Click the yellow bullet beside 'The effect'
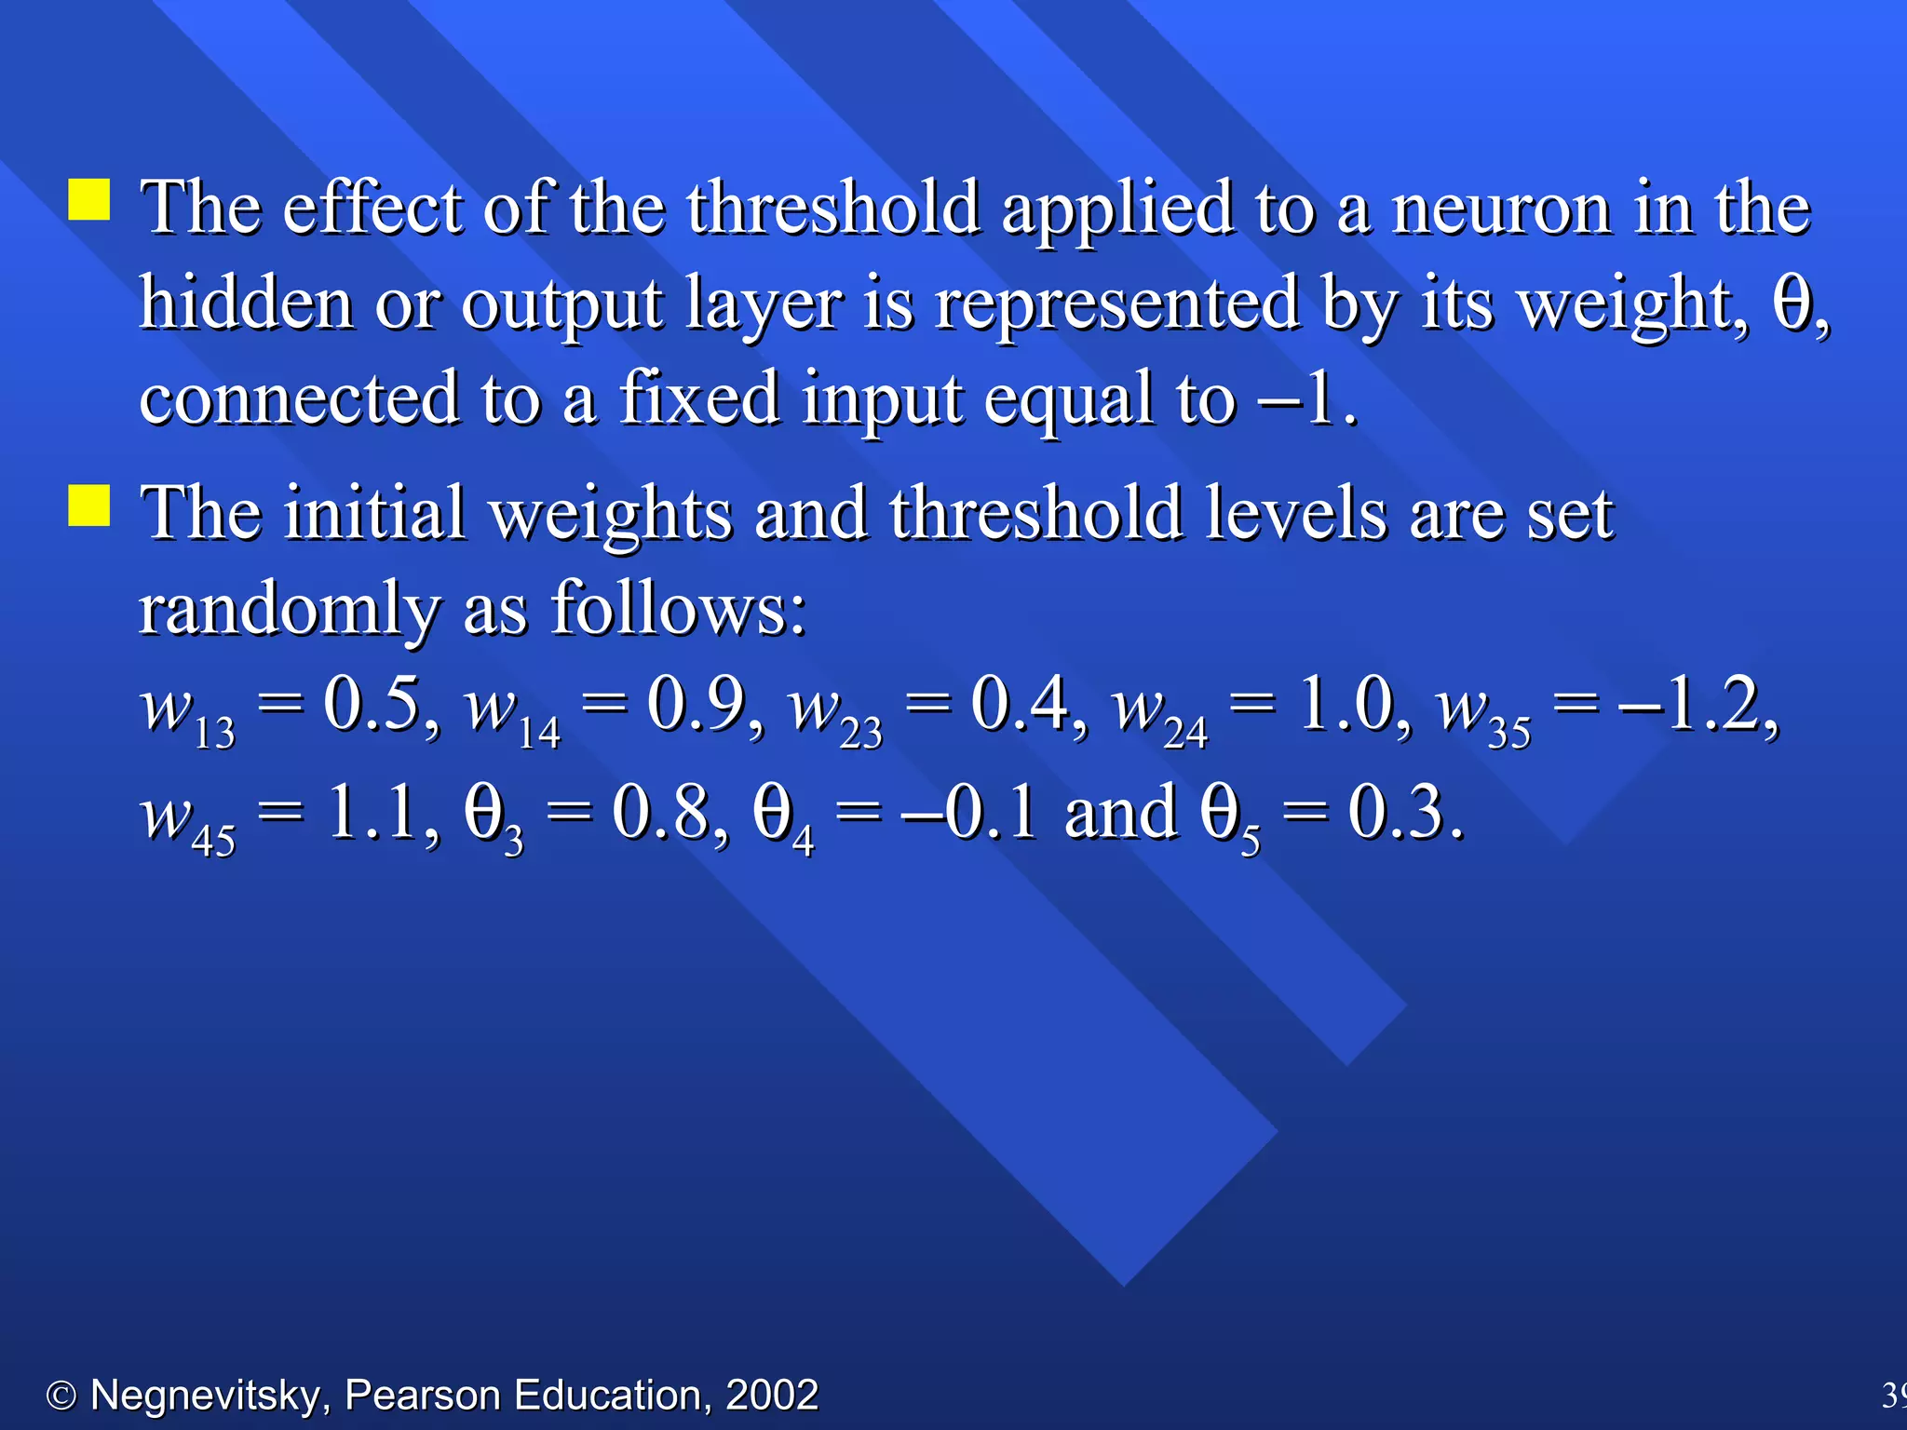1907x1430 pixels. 89,199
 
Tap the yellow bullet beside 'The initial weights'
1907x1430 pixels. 89,506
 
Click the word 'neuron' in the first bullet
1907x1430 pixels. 1500,209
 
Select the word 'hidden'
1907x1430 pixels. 246,304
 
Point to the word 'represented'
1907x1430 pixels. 1116,305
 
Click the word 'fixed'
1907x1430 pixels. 699,398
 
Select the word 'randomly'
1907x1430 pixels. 289,611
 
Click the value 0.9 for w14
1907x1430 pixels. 697,704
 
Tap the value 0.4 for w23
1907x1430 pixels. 1020,704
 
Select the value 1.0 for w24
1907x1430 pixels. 1345,704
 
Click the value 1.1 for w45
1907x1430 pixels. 372,812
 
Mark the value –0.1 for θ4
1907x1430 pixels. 968,812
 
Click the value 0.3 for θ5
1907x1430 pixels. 1396,812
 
